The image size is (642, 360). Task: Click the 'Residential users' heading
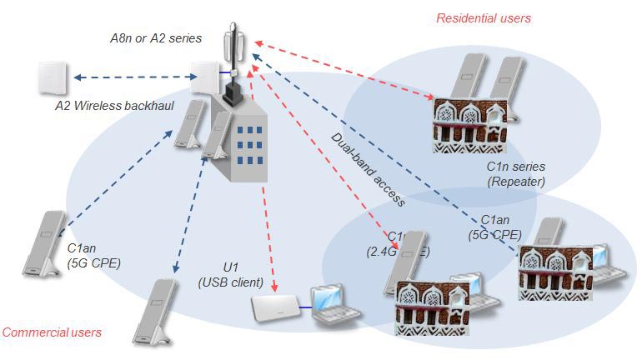484,17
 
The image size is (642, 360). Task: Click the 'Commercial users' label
52,332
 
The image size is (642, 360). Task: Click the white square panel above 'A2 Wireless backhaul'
52,77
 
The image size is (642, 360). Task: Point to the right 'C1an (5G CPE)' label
495,227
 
